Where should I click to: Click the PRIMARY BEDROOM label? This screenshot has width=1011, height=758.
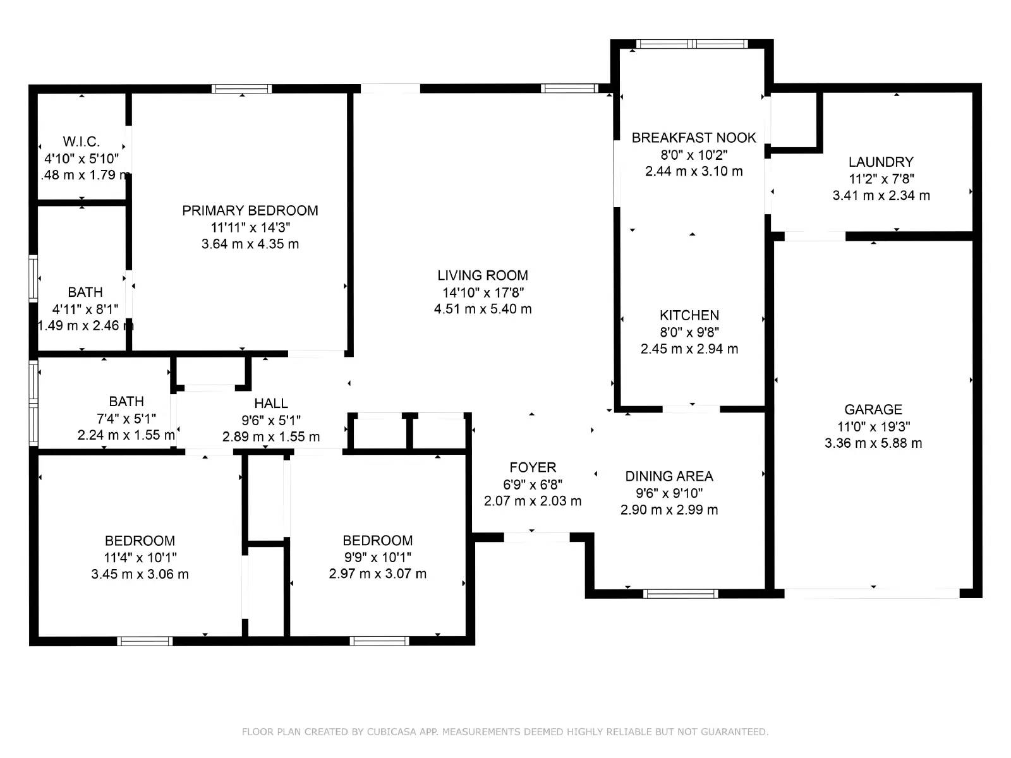click(250, 211)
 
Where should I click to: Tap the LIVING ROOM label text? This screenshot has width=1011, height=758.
click(483, 275)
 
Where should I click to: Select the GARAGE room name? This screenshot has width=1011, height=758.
click(873, 409)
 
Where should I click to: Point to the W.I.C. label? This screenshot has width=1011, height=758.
click(82, 141)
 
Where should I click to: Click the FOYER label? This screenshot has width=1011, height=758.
click(533, 467)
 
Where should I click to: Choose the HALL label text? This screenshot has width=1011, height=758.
click(271, 404)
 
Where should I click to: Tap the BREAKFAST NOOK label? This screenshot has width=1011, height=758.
click(694, 138)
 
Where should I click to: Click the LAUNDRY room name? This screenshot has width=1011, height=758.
click(881, 162)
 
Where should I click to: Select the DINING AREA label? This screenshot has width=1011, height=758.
click(669, 476)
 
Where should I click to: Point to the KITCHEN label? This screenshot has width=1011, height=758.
click(689, 315)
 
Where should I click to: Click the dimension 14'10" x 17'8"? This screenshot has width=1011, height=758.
click(483, 292)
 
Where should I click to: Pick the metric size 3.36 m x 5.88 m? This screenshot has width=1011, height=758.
click(873, 443)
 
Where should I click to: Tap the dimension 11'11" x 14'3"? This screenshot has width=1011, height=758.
click(251, 227)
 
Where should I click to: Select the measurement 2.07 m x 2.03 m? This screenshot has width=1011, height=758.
click(533, 501)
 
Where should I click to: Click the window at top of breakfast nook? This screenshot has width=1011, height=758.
click(693, 44)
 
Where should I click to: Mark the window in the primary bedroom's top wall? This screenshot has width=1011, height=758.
click(242, 89)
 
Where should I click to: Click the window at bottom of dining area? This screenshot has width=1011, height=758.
click(681, 594)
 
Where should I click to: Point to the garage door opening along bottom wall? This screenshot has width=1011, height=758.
click(872, 593)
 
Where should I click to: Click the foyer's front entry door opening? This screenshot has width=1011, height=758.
click(536, 537)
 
